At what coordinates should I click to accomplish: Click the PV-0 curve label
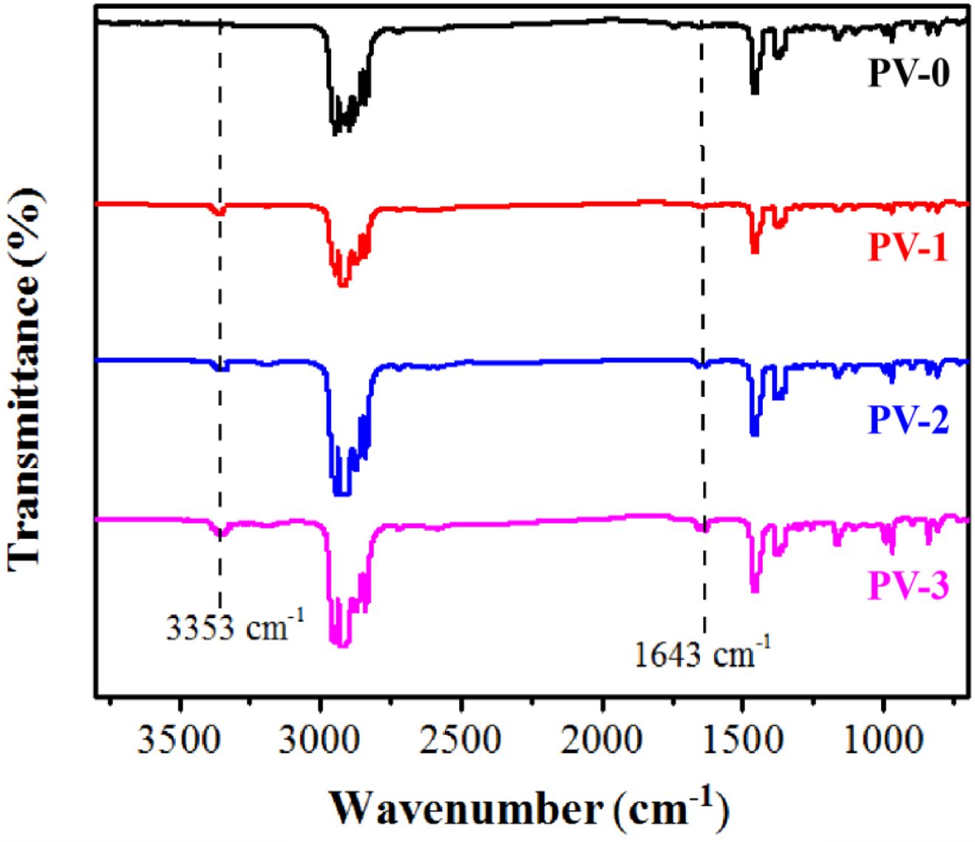908,74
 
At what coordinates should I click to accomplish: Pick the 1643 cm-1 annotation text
702,653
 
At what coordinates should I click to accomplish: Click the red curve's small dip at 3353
219,213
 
